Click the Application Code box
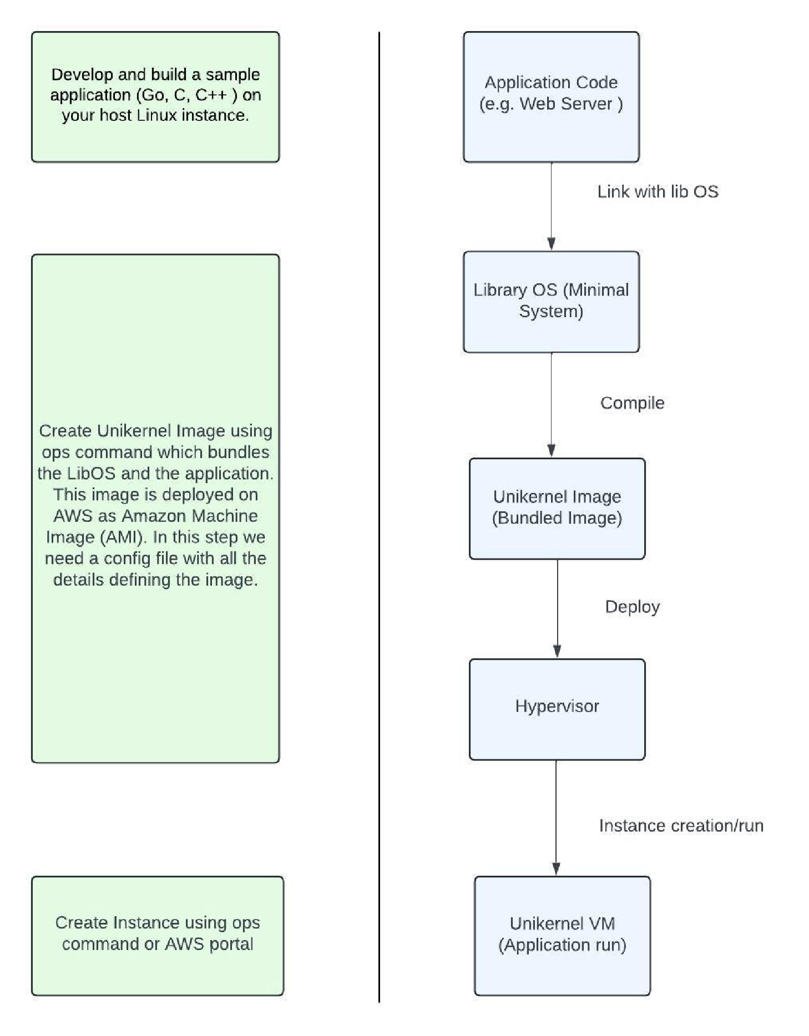click(x=551, y=97)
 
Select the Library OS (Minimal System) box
click(x=551, y=302)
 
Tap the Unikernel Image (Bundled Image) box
click(x=557, y=509)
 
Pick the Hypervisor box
click(x=557, y=709)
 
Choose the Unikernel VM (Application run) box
click(x=562, y=936)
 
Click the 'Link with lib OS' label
click(x=658, y=192)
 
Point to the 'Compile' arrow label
click(x=632, y=403)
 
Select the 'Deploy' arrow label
click(x=633, y=607)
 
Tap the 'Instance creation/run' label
click(x=681, y=826)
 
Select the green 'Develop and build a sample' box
click(x=155, y=97)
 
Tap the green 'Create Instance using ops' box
click(x=158, y=936)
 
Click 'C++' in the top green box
click(x=211, y=95)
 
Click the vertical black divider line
click(x=380, y=517)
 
